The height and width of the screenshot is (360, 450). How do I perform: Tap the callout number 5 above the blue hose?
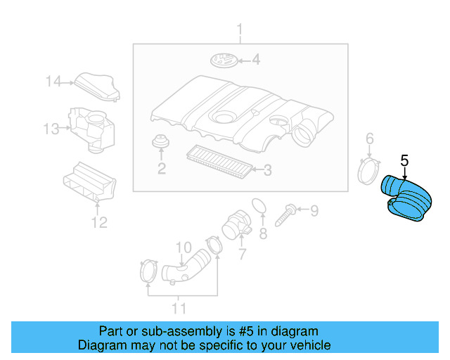(x=404, y=161)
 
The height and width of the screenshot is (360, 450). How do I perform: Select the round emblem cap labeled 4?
(x=223, y=60)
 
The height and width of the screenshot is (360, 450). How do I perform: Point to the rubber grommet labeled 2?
(x=161, y=141)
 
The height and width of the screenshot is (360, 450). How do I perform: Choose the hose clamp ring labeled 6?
(x=369, y=171)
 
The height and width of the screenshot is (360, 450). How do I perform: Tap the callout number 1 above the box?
(x=239, y=30)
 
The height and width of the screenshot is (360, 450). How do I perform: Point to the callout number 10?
(x=183, y=247)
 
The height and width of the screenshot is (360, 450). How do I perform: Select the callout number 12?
(x=98, y=223)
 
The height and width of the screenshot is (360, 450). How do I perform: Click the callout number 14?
(x=54, y=82)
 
